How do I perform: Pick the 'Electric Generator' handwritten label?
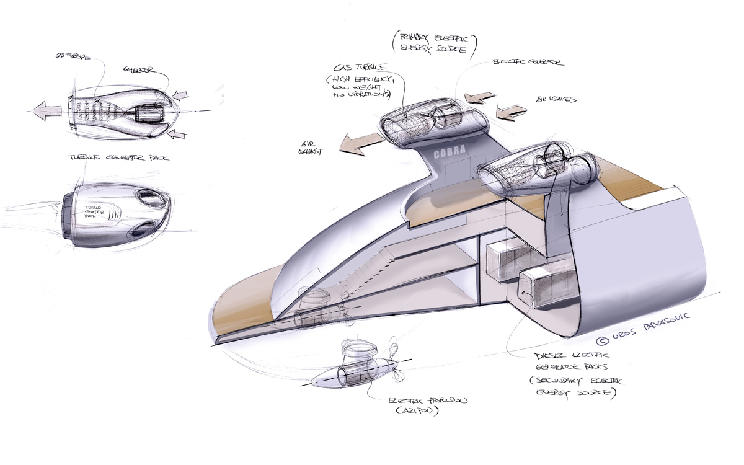coord(526,63)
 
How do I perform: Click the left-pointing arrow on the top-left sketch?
coord(46,112)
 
